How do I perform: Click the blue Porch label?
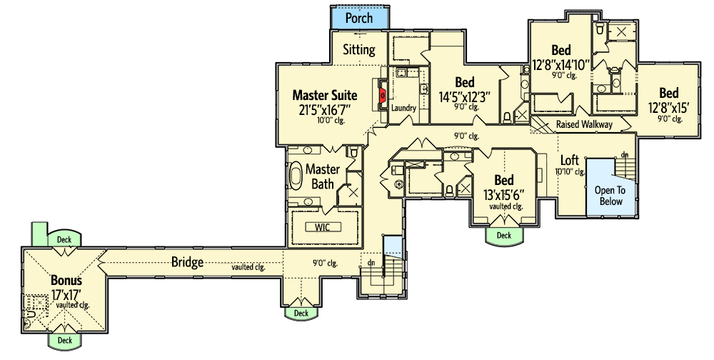359,17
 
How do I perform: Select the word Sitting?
359,50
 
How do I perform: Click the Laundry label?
404,108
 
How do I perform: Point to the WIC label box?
323,227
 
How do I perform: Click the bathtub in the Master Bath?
296,175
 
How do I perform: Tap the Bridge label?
187,262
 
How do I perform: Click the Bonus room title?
66,280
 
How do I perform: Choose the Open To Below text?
610,196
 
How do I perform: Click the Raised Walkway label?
584,124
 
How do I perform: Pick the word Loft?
569,160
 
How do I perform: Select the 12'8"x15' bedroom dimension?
668,108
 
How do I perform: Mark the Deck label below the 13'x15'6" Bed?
504,235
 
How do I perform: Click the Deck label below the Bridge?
301,313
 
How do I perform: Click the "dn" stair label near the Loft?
624,154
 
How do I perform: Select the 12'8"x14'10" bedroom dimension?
560,64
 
